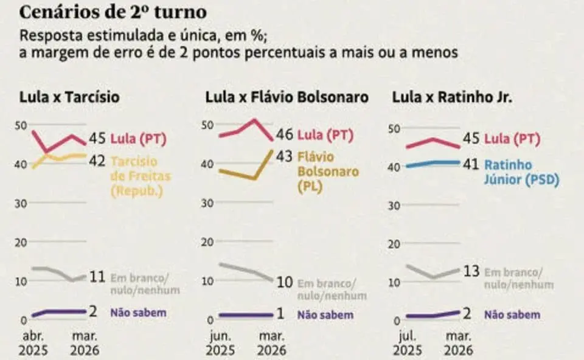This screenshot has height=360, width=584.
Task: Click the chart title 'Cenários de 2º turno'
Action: tap(113, 12)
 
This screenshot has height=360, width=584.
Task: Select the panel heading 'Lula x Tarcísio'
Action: tap(69, 97)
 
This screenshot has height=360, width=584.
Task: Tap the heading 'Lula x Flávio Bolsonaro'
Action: tap(287, 97)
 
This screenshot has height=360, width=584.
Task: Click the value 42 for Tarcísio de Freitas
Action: tap(97, 161)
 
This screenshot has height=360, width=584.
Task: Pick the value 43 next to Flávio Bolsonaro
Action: tap(284, 156)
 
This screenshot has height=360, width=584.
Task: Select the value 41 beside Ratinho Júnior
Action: tap(471, 164)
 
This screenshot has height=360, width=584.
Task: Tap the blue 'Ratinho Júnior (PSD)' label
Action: tap(521, 172)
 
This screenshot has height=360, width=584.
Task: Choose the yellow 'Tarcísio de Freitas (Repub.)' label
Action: tap(142, 176)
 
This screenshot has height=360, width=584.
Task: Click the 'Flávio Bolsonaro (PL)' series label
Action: tap(328, 171)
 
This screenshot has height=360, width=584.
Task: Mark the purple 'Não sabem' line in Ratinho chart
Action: tap(432, 314)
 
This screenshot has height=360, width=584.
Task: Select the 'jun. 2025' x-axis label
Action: tap(220, 344)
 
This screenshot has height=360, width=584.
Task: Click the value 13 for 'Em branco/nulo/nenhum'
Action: tap(471, 272)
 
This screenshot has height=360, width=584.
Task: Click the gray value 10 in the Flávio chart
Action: tap(284, 283)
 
